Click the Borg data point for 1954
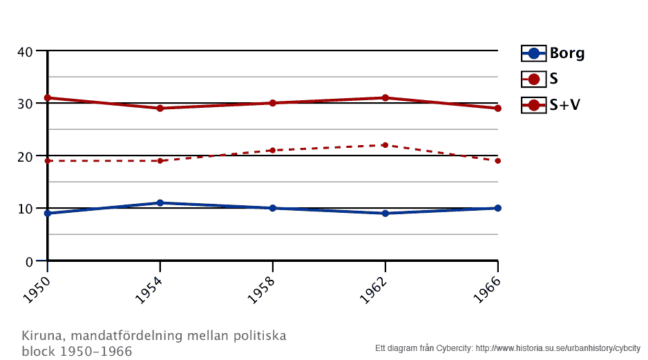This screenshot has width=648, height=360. click(160, 202)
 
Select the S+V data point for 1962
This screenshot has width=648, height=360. click(385, 97)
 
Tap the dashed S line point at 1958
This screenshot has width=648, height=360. click(273, 150)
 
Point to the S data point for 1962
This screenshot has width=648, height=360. click(385, 145)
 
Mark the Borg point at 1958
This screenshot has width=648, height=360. click(273, 208)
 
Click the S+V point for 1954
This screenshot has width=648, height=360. click(160, 108)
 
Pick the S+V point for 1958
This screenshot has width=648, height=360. click(273, 103)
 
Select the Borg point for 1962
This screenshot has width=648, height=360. click(385, 213)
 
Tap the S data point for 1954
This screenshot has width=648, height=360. click(160, 161)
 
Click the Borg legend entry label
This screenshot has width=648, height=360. click(566, 53)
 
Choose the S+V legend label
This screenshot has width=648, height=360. click(564, 105)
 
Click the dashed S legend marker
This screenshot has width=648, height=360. click(533, 79)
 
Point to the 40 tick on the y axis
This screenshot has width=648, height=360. click(25, 51)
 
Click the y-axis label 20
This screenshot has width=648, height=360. click(25, 156)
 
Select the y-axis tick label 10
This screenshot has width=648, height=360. click(25, 209)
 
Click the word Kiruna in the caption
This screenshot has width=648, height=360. click(40, 337)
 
